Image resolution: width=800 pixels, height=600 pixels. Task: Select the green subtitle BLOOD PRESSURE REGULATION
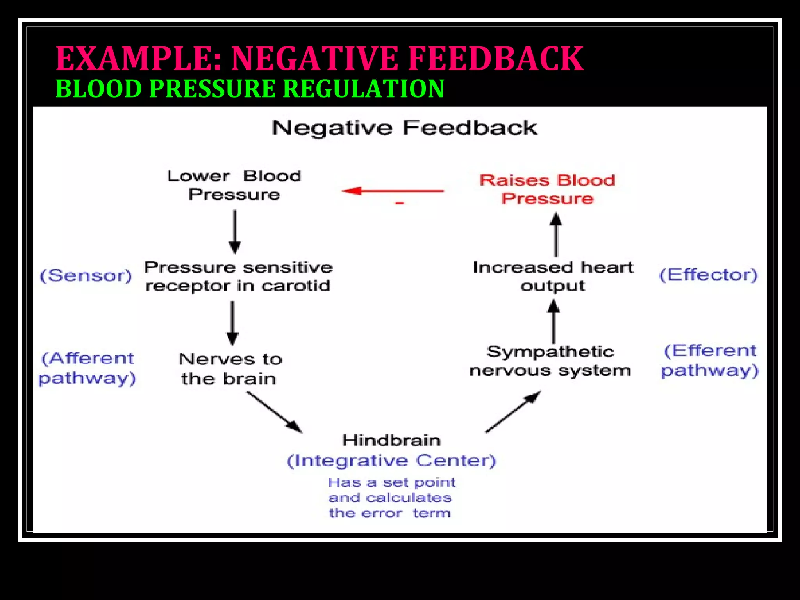(x=250, y=89)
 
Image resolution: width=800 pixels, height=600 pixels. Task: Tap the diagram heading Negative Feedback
(x=404, y=128)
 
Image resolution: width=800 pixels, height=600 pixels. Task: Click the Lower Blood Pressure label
(x=234, y=185)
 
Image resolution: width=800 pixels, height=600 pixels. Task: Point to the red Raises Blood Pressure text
(x=547, y=189)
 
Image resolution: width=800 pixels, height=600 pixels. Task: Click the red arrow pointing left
(x=392, y=191)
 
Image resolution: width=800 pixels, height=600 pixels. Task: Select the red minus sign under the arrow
(x=399, y=203)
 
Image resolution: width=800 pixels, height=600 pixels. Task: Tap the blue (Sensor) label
(x=86, y=276)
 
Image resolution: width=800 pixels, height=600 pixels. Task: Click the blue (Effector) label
(x=708, y=275)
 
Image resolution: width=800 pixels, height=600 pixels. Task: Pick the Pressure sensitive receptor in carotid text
(x=238, y=277)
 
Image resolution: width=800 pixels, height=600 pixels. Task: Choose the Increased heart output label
(x=553, y=277)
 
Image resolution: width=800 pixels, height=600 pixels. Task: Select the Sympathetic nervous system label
(x=550, y=361)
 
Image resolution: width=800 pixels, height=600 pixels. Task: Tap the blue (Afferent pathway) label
(x=87, y=368)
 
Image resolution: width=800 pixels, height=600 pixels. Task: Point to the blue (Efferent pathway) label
(x=709, y=361)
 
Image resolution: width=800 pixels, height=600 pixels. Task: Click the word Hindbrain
(x=391, y=440)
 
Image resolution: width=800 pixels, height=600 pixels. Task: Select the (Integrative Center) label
(x=391, y=461)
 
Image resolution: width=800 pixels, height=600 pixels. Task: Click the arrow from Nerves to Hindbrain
(x=274, y=412)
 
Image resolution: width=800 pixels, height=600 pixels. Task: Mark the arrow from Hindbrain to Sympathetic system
(x=513, y=412)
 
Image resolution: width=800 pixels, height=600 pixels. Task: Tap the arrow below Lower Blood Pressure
(x=235, y=232)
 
